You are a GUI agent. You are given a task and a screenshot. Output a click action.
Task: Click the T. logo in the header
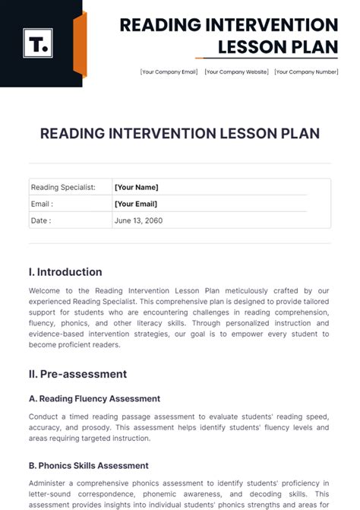pyautogui.click(x=36, y=44)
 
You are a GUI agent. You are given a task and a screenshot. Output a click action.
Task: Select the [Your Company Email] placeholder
pyautogui.click(x=169, y=71)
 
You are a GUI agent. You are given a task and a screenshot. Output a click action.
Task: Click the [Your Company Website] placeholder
pyautogui.click(x=236, y=71)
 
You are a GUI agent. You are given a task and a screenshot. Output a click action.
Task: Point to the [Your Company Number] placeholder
pyautogui.click(x=305, y=71)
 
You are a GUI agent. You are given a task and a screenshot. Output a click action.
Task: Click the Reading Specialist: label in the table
pyautogui.click(x=63, y=187)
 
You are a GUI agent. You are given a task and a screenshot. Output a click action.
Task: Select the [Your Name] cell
pyautogui.click(x=136, y=187)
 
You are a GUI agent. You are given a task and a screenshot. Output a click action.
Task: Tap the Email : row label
pyautogui.click(x=42, y=204)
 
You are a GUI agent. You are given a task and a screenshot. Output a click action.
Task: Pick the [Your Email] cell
pyautogui.click(x=137, y=204)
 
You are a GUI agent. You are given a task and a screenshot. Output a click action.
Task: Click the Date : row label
pyautogui.click(x=41, y=220)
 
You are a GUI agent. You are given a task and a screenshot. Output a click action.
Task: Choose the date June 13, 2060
pyautogui.click(x=138, y=220)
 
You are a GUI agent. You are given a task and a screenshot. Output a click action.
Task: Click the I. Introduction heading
pyautogui.click(x=65, y=272)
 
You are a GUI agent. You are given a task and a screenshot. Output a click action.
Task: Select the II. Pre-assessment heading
pyautogui.click(x=77, y=374)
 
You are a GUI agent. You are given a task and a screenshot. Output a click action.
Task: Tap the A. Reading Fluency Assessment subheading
pyautogui.click(x=94, y=398)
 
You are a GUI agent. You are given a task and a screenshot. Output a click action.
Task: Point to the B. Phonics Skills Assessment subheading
pyautogui.click(x=89, y=465)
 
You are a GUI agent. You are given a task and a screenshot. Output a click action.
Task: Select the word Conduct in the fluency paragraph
pyautogui.click(x=44, y=417)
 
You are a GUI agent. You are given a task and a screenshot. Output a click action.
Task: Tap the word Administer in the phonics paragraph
pyautogui.click(x=49, y=483)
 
